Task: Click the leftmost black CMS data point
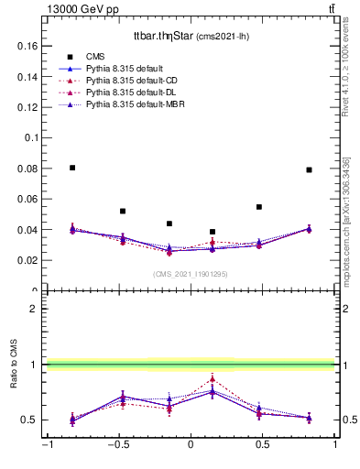point(72,168)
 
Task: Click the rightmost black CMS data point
point(309,169)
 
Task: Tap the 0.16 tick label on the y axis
point(27,45)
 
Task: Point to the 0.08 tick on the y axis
point(27,169)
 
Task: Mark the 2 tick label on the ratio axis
point(33,309)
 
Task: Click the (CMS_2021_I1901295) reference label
point(191,274)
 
